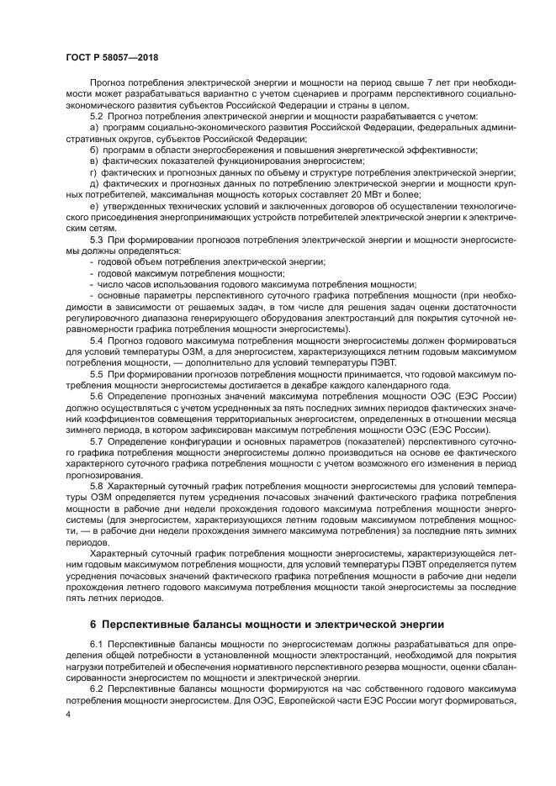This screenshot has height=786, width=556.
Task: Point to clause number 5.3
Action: [96, 240]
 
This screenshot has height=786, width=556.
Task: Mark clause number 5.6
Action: [96, 394]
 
